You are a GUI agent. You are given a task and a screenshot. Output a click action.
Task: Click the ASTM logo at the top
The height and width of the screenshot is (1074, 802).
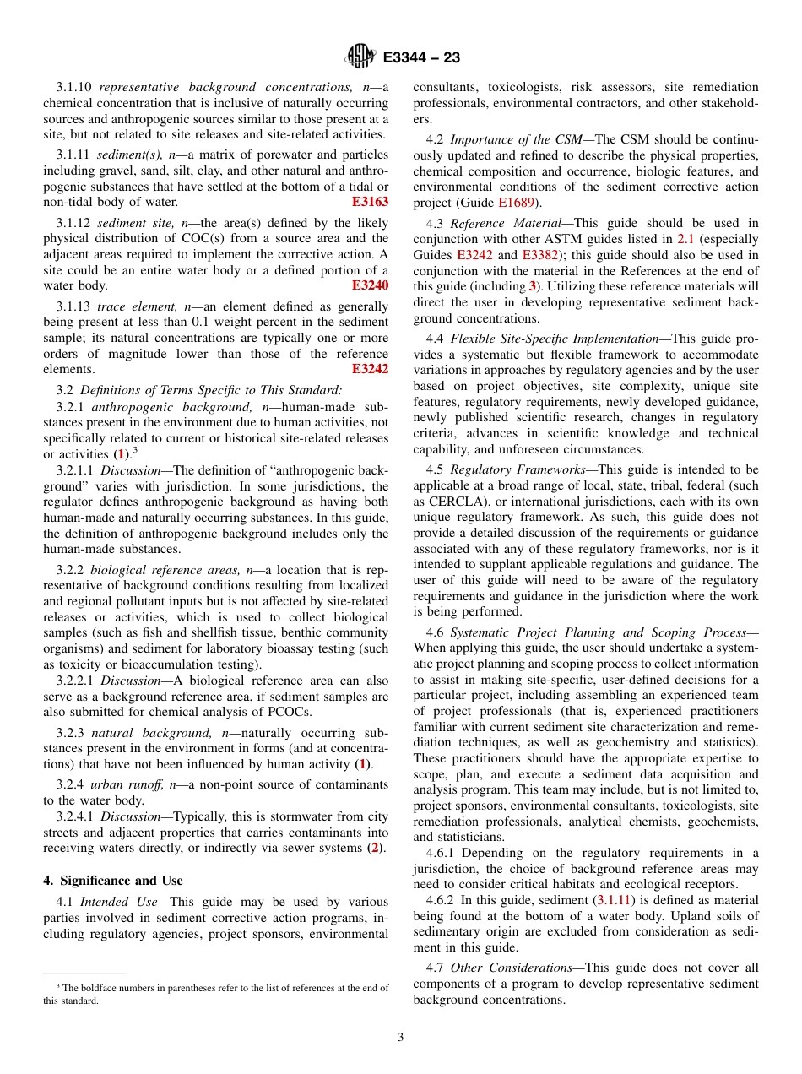(360, 57)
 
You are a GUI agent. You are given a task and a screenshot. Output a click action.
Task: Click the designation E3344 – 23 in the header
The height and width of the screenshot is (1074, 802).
(421, 58)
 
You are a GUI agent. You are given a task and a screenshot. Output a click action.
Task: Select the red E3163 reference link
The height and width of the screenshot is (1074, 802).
(370, 202)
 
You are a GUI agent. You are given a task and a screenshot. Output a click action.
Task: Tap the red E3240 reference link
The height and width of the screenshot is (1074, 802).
(370, 285)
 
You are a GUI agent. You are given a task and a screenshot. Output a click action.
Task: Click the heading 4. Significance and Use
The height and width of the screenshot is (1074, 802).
(112, 880)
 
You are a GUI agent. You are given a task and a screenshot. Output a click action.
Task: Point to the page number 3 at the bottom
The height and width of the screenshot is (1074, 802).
(401, 1038)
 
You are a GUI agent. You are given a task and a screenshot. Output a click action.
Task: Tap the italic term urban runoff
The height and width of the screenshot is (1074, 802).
(131, 784)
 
